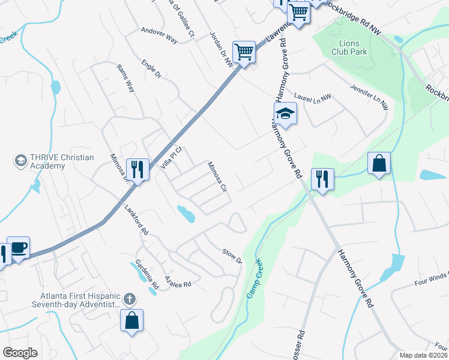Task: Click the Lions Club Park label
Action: (x=349, y=47)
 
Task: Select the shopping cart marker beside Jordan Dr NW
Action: (x=244, y=52)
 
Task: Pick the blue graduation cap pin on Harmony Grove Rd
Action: (x=286, y=113)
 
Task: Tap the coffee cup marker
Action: (x=18, y=247)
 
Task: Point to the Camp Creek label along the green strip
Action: (x=255, y=280)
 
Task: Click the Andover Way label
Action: (x=159, y=35)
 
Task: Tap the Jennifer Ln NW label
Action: (x=369, y=96)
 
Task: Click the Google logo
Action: (x=20, y=353)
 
